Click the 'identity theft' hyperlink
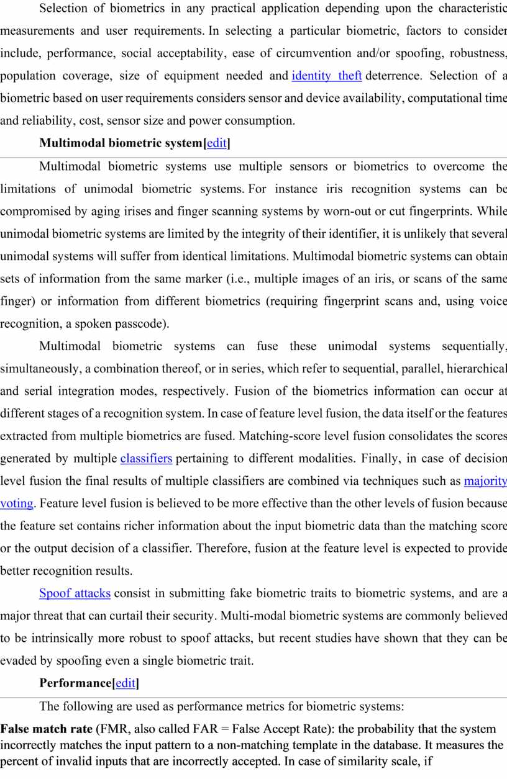tap(326, 76)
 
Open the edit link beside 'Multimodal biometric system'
tap(216, 143)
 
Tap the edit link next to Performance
tap(125, 683)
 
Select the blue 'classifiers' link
tap(146, 459)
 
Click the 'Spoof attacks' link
tap(75, 593)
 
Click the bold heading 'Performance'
tap(75, 683)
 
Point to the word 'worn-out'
tap(345, 211)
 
